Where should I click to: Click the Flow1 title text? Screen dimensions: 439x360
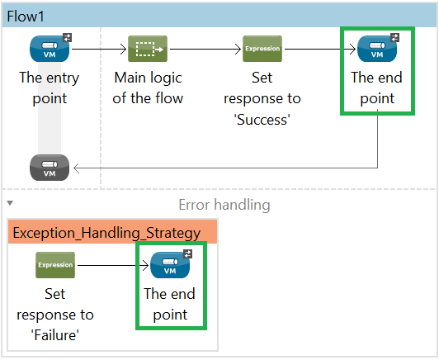pyautogui.click(x=26, y=17)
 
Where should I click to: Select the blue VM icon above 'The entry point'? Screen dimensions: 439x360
pyautogui.click(x=50, y=49)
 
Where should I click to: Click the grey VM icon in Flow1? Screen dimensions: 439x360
pyautogui.click(x=50, y=168)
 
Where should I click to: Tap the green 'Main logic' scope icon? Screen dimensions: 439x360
pyautogui.click(x=148, y=49)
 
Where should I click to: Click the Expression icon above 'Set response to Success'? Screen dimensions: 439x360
pyautogui.click(x=262, y=49)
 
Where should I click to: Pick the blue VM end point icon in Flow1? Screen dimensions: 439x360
pyautogui.click(x=377, y=49)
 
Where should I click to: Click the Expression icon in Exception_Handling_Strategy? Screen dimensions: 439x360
pyautogui.click(x=55, y=265)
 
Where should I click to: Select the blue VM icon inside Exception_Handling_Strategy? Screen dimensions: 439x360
pyautogui.click(x=170, y=265)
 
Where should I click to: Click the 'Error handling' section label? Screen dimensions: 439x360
pyautogui.click(x=224, y=205)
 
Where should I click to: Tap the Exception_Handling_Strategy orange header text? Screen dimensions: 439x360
pyautogui.click(x=106, y=233)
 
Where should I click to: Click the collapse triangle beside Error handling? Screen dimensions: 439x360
pyautogui.click(x=10, y=203)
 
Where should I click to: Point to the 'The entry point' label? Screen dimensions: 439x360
pyautogui.click(x=50, y=88)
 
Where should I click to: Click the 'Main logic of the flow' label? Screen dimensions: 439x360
pyautogui.click(x=148, y=88)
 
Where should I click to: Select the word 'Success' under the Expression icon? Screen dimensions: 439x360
pyautogui.click(x=262, y=120)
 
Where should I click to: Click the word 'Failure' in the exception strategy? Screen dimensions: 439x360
pyautogui.click(x=55, y=335)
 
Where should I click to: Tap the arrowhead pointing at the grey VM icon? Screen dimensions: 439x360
pyautogui.click(x=76, y=168)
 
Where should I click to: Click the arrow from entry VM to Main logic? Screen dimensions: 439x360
pyautogui.click(x=99, y=49)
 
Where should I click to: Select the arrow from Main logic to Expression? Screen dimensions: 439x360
pyautogui.click(x=205, y=49)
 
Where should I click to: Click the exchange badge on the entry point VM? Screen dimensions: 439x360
pyautogui.click(x=67, y=37)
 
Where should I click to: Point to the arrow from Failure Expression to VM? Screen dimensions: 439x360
pyautogui.click(x=113, y=265)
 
